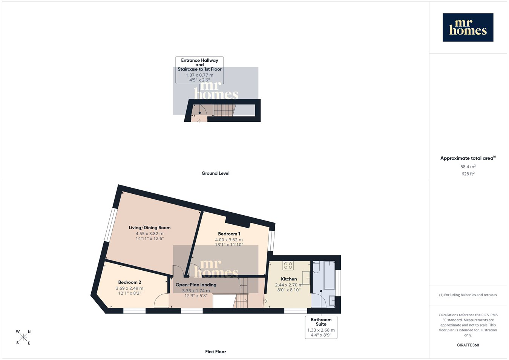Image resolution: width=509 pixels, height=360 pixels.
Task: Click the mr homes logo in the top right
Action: [x=468, y=27]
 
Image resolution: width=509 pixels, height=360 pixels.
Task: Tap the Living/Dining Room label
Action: [x=150, y=228]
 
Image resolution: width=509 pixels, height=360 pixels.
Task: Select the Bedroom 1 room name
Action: [x=229, y=234]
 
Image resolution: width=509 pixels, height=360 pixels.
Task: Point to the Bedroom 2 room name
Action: [x=130, y=282]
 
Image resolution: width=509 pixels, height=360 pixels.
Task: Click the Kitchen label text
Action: [x=289, y=279]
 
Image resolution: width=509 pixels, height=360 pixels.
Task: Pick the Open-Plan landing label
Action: [x=196, y=285]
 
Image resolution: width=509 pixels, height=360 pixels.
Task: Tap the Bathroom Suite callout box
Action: [x=321, y=327]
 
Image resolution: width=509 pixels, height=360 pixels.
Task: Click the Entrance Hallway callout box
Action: [x=199, y=70]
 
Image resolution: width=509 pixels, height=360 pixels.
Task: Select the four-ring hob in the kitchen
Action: [x=288, y=265]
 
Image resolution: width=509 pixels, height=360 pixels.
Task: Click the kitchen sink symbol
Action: [x=306, y=278]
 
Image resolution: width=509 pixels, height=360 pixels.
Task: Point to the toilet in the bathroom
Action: [x=316, y=267]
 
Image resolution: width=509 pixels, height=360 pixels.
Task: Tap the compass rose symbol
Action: [x=23, y=337]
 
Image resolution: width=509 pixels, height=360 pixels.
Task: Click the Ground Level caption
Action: [x=215, y=173]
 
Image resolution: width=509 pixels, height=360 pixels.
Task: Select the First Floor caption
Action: [x=215, y=352]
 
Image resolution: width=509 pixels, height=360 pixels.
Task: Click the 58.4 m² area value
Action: [x=468, y=167]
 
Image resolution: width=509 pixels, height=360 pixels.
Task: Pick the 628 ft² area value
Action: [x=468, y=174]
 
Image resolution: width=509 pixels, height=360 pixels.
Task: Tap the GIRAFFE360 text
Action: [x=468, y=345]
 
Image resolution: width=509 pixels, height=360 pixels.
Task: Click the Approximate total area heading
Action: [x=468, y=158]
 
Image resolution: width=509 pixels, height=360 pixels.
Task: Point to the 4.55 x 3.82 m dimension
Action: [x=150, y=233]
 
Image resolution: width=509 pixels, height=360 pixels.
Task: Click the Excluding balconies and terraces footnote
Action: [x=468, y=295]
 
